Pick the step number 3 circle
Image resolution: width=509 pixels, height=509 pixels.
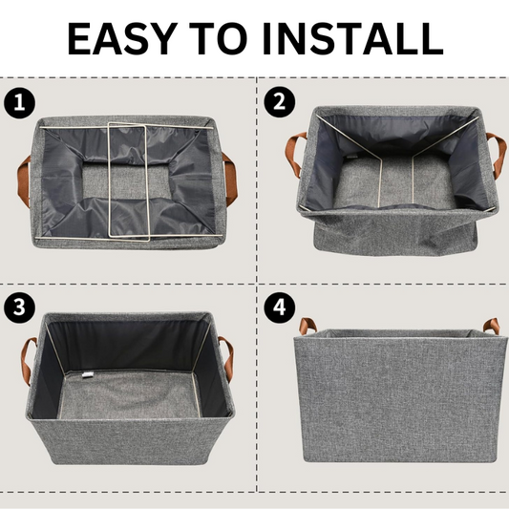tap(16, 308)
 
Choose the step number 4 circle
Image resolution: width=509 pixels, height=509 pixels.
tap(277, 308)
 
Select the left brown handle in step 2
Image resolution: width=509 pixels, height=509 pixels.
tap(294, 153)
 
